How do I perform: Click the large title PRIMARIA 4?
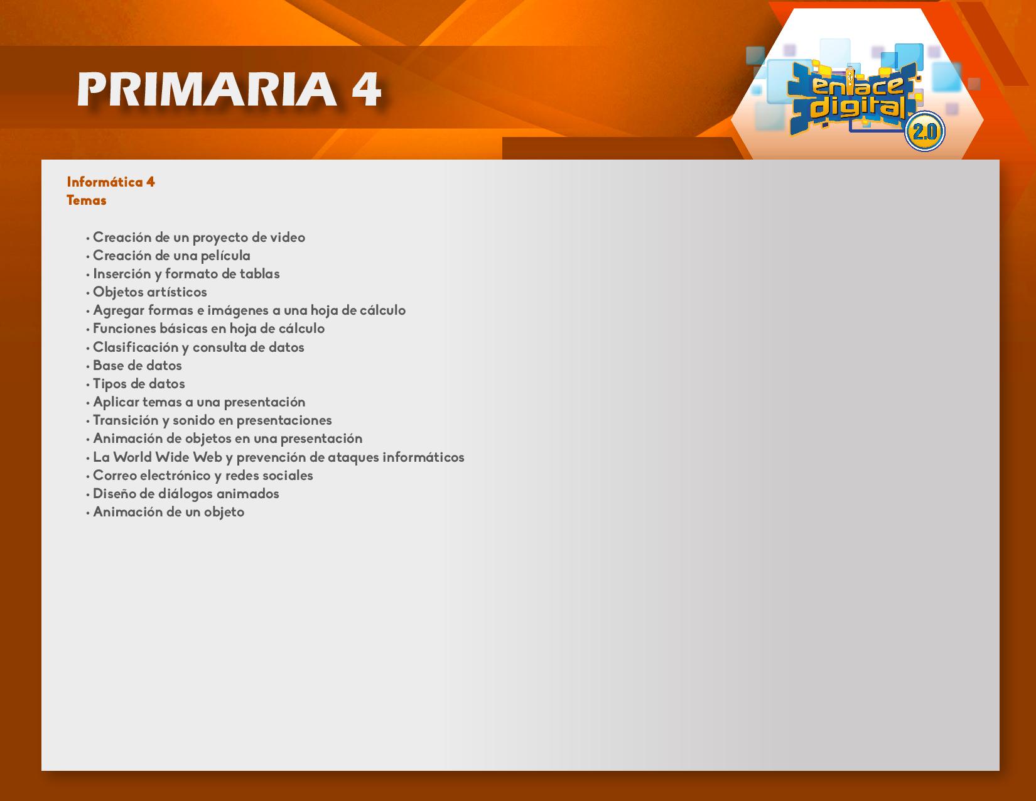(x=229, y=89)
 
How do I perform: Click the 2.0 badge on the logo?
(x=924, y=131)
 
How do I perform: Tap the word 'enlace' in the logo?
(x=858, y=85)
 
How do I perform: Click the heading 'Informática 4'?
(x=111, y=182)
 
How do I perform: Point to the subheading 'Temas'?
(x=86, y=200)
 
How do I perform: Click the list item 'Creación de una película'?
(x=171, y=256)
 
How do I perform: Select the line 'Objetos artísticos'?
(x=149, y=292)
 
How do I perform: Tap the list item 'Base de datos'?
(x=138, y=366)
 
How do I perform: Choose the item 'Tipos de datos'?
(x=139, y=384)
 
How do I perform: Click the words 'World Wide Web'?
(x=168, y=457)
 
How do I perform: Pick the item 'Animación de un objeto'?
(x=168, y=512)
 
